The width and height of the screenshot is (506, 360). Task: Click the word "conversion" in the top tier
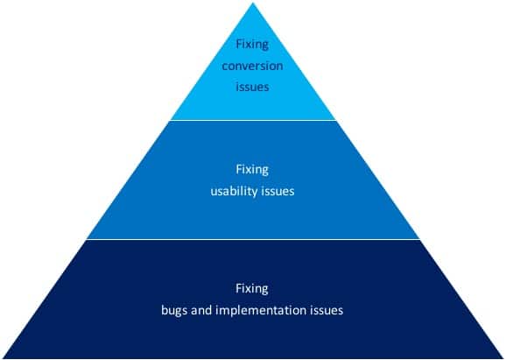[252, 66]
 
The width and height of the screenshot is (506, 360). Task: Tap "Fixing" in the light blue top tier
[252, 44]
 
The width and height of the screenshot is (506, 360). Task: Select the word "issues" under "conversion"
[252, 87]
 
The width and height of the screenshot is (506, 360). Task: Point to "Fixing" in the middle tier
[252, 170]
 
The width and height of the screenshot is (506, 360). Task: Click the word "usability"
[234, 192]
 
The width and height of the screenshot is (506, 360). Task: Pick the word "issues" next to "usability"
[278, 192]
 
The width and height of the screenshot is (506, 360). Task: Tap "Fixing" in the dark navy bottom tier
[252, 289]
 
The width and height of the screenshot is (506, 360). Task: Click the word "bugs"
[174, 311]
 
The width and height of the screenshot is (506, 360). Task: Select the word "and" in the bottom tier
[201, 310]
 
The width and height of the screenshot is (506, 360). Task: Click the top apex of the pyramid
[253, 4]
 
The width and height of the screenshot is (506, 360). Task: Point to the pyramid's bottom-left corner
[3, 357]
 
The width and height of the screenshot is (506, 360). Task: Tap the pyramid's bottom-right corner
[503, 357]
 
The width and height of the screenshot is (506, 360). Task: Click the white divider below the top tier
[253, 120]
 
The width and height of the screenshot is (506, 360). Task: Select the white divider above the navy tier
[253, 240]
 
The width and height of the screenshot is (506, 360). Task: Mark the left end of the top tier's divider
[171, 120]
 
